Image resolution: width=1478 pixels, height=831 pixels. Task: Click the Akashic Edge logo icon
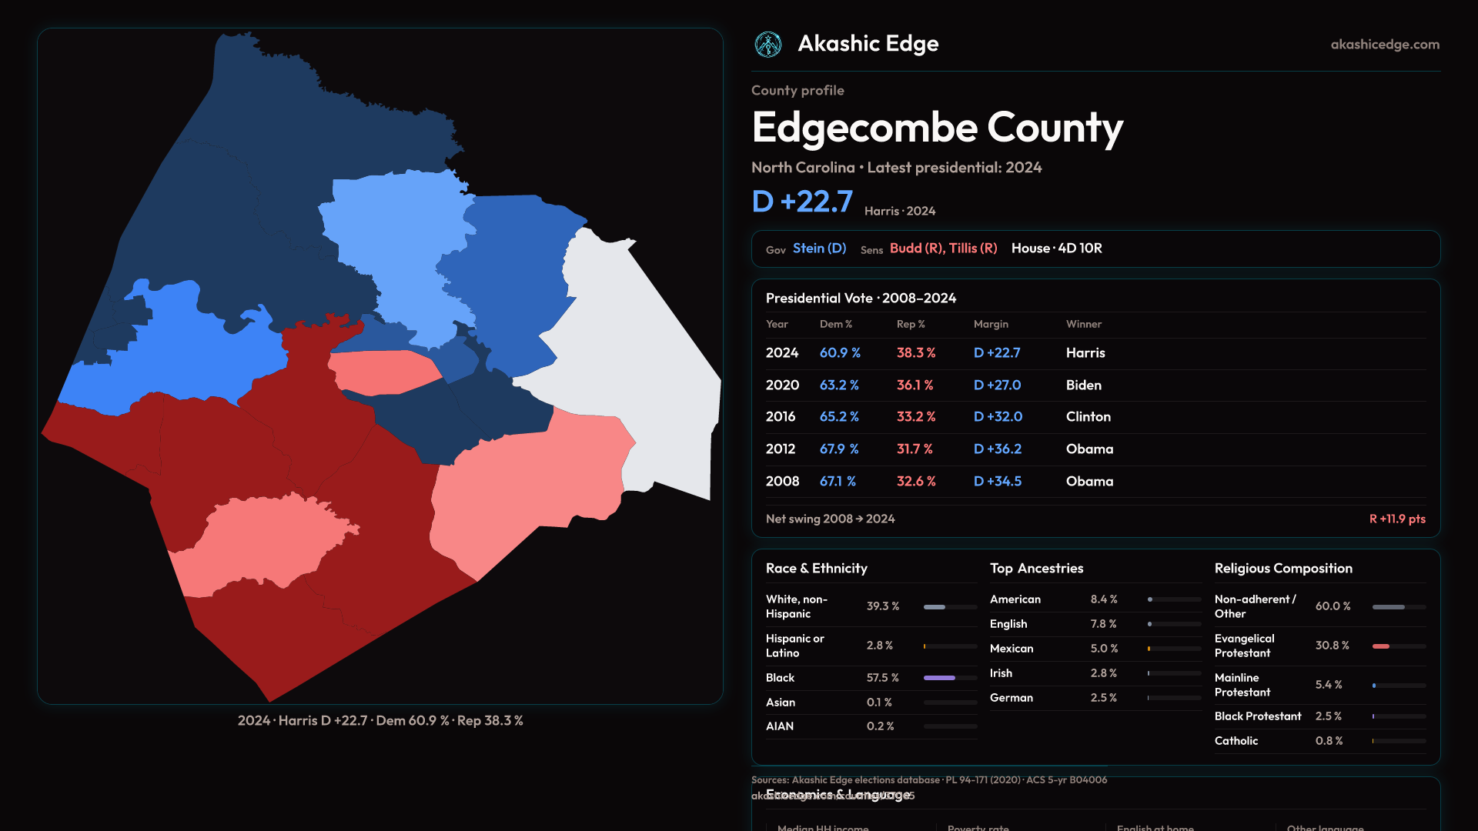click(767, 45)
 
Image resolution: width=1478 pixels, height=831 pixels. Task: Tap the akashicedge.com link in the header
click(1385, 45)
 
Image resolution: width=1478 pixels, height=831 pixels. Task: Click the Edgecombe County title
click(937, 127)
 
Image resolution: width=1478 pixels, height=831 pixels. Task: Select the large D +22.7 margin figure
click(801, 202)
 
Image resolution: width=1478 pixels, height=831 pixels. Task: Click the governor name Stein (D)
click(819, 249)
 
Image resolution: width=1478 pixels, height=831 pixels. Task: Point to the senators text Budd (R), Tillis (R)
click(943, 249)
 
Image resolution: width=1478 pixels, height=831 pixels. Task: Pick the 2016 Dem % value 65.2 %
click(839, 416)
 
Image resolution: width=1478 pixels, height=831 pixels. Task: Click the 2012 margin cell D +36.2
click(998, 449)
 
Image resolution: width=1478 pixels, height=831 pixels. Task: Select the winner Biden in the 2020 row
click(1083, 385)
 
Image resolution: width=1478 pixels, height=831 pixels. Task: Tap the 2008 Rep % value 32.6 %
click(916, 481)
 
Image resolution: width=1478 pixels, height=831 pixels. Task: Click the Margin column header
click(991, 324)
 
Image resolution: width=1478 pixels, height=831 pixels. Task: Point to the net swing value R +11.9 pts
click(1396, 519)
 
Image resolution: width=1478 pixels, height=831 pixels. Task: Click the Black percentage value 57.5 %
click(882, 678)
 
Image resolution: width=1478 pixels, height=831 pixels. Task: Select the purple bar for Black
click(939, 678)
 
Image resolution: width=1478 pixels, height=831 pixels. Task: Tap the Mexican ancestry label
click(1012, 649)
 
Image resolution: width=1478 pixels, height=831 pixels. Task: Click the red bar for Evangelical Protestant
click(1381, 646)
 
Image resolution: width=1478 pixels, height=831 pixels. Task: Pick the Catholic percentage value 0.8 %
click(1329, 741)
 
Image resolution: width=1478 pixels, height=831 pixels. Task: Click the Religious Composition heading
click(1283, 569)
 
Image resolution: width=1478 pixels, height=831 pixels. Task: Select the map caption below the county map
click(380, 721)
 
